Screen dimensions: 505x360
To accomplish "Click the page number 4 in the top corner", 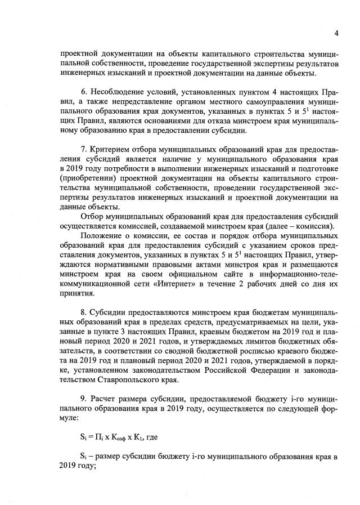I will point(336,33).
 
